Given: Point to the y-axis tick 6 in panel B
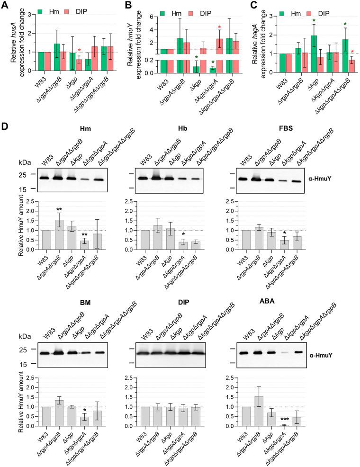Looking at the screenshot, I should click(x=146, y=17).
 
